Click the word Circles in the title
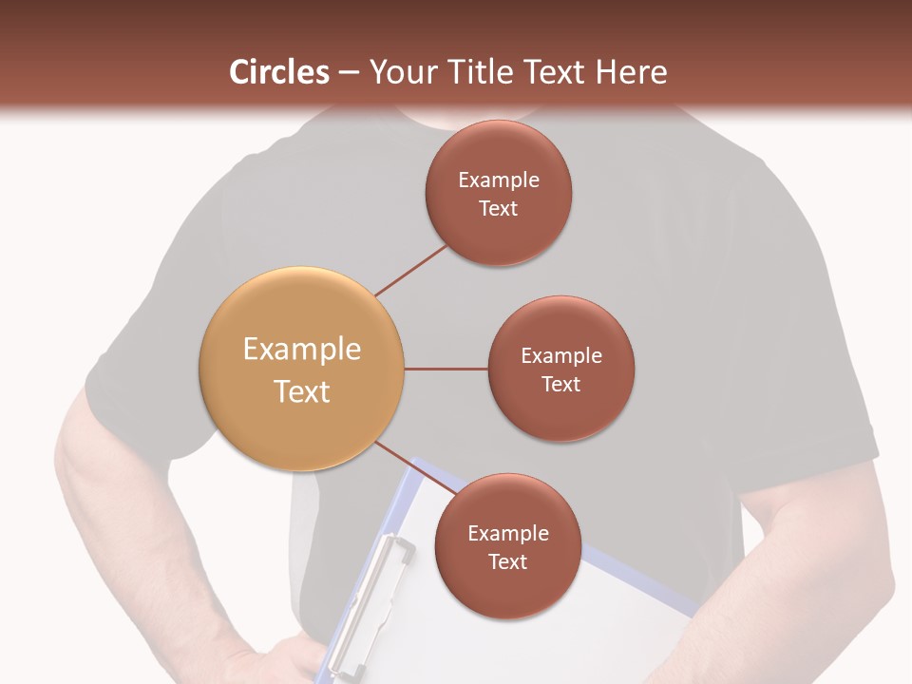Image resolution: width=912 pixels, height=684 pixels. point(279,72)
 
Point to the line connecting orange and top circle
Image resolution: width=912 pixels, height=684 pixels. point(411,270)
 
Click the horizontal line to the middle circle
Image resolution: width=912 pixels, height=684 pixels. point(446,369)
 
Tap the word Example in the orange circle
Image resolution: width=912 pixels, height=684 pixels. point(302,350)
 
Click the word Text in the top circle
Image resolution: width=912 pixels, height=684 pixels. point(499,209)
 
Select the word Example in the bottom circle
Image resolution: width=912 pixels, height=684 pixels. point(507,533)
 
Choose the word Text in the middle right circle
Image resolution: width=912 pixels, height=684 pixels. point(561,384)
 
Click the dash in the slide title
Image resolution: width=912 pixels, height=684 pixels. point(349,72)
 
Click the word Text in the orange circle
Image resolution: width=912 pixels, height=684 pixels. point(302,391)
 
